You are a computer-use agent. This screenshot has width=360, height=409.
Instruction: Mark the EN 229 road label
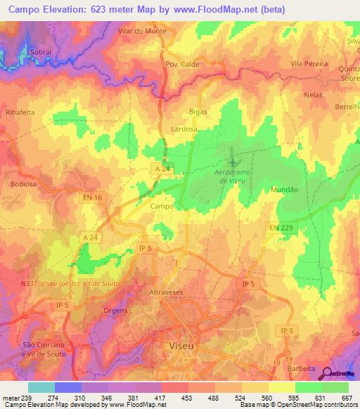coord(282,228)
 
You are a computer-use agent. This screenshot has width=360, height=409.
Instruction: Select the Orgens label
coord(115,311)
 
